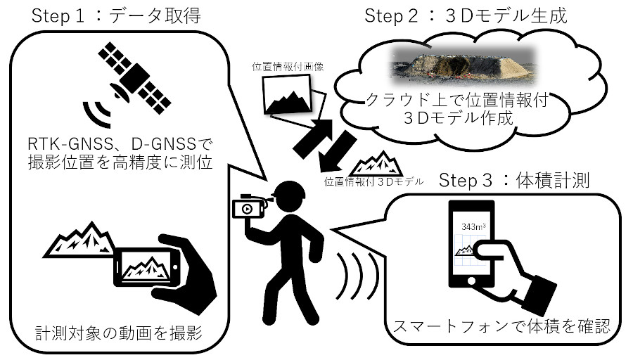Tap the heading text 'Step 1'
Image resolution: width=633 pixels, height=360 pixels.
click(x=58, y=17)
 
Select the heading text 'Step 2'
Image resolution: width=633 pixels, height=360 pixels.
click(x=391, y=17)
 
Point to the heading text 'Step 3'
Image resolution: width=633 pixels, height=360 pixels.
click(x=466, y=181)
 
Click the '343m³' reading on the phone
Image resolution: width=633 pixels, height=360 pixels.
click(x=473, y=227)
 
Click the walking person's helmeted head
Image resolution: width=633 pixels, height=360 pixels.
click(x=288, y=195)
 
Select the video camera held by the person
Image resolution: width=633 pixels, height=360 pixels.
click(x=250, y=206)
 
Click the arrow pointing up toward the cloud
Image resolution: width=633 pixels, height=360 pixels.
click(x=313, y=138)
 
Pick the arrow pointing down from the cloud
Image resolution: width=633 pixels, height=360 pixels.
click(x=337, y=152)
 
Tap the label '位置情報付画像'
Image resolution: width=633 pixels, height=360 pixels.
click(x=288, y=67)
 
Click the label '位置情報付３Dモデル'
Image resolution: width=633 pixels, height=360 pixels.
click(x=374, y=181)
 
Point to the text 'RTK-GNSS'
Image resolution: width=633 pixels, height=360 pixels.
click(x=70, y=143)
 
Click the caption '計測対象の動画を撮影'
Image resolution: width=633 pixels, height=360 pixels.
click(x=119, y=333)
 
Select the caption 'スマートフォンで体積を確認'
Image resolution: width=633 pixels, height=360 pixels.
click(x=501, y=326)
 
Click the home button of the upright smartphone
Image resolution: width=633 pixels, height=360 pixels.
click(x=471, y=281)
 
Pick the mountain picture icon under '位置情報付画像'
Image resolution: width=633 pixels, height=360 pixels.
click(x=287, y=94)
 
